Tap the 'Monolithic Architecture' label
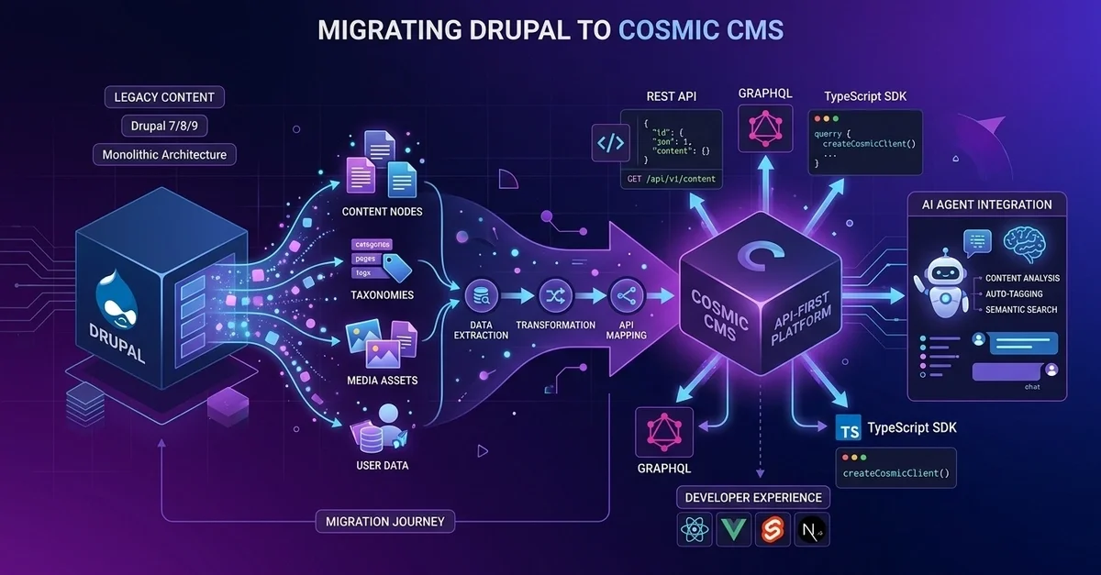(x=164, y=154)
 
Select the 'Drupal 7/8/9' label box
(x=164, y=126)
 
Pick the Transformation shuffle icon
(x=555, y=295)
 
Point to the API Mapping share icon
(x=626, y=295)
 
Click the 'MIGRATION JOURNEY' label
(x=385, y=522)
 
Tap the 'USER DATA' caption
(x=383, y=465)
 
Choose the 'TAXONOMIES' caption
(x=383, y=295)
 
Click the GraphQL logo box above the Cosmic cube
(x=764, y=130)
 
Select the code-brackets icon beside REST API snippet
(x=612, y=143)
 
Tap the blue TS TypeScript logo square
(x=850, y=428)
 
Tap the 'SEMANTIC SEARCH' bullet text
(x=1021, y=309)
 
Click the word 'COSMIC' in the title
(x=667, y=29)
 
